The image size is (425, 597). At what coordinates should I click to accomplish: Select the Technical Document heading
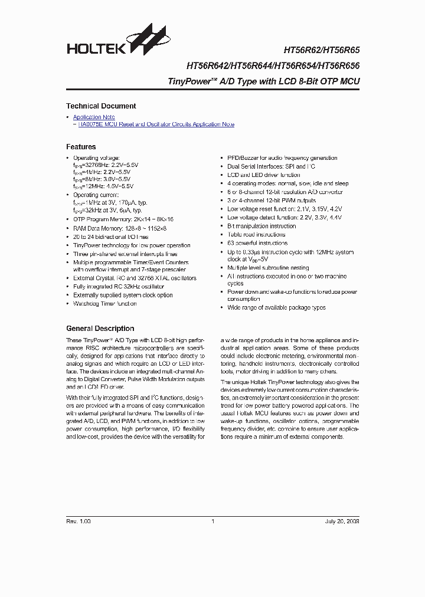pyautogui.click(x=101, y=106)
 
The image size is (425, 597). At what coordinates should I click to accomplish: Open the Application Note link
pyautogui.click(x=94, y=117)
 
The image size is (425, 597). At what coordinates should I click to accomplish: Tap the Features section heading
pyautogui.click(x=81, y=147)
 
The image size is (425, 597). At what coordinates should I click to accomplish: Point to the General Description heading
pyautogui.click(x=100, y=329)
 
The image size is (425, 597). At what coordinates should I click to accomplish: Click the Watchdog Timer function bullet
pyautogui.click(x=104, y=304)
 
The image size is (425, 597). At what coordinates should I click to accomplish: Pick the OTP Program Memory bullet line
pyautogui.click(x=123, y=219)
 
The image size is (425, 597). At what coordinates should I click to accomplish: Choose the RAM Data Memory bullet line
pyautogui.click(x=119, y=228)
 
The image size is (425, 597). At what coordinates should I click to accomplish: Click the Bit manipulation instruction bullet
pyautogui.click(x=261, y=226)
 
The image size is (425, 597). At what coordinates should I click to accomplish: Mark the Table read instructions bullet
pyautogui.click(x=256, y=234)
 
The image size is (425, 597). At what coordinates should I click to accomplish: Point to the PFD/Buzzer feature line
pyautogui.click(x=282, y=158)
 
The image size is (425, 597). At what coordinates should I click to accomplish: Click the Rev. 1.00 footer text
pyautogui.click(x=78, y=521)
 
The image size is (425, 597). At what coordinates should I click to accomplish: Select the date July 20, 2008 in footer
pyautogui.click(x=342, y=521)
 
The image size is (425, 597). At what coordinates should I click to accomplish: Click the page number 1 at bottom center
pyautogui.click(x=212, y=521)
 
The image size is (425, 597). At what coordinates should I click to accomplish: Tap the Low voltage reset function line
pyautogui.click(x=285, y=209)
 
